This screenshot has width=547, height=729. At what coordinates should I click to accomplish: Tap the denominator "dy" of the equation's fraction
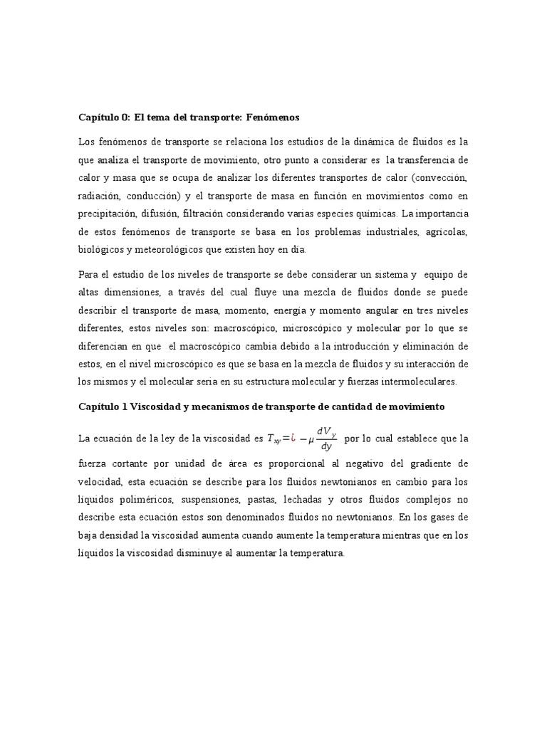[327, 447]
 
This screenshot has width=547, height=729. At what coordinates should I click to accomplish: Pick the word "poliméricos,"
[140, 500]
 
